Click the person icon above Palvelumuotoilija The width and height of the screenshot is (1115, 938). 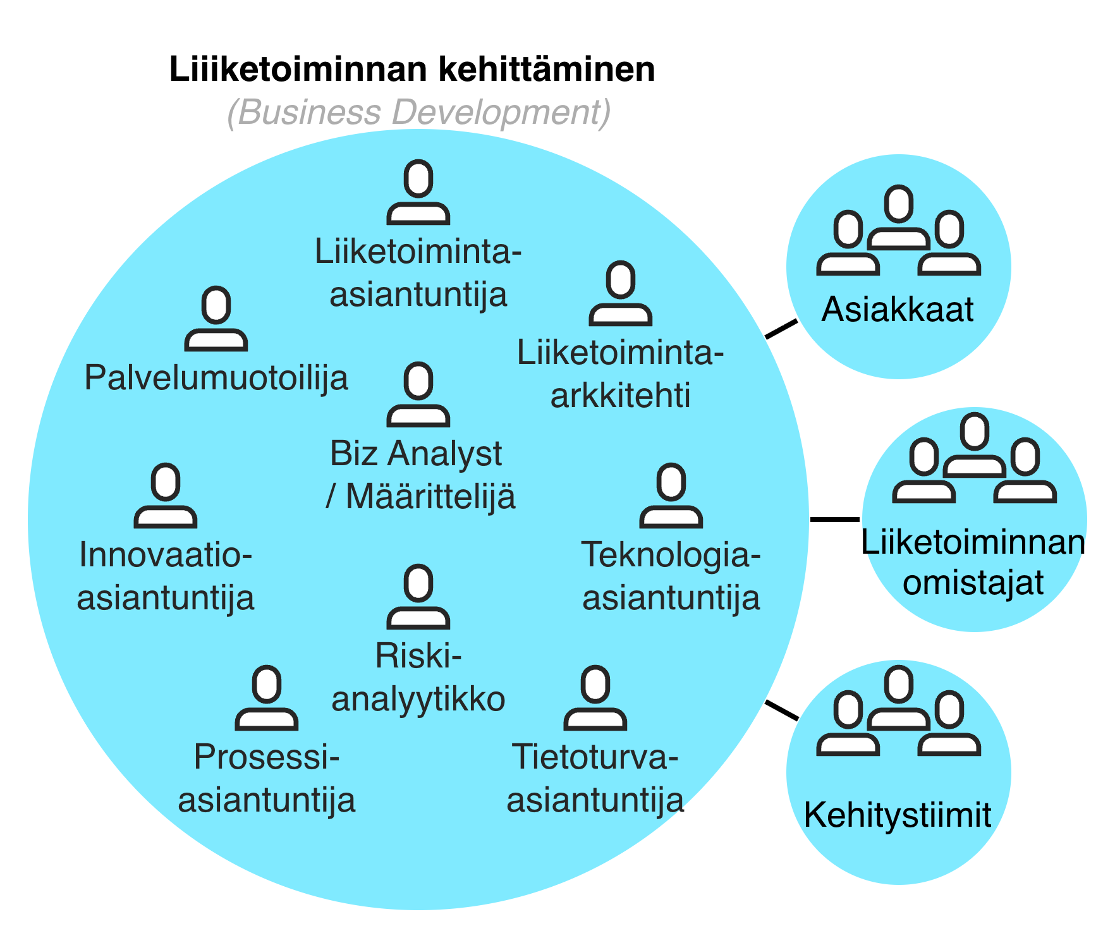[x=216, y=319]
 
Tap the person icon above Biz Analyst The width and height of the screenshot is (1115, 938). [x=418, y=394]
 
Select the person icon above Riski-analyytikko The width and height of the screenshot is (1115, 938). [x=418, y=597]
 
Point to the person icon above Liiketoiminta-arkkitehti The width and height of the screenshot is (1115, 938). [x=621, y=293]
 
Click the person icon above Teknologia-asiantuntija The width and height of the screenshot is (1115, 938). [x=671, y=496]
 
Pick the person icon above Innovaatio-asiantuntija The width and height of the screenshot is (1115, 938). [x=166, y=496]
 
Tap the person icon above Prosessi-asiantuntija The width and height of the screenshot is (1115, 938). [x=267, y=698]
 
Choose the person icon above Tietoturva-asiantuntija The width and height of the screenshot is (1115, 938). [x=595, y=698]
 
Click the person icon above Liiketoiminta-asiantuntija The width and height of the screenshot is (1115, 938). [x=418, y=192]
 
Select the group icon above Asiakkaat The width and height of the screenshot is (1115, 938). [x=898, y=231]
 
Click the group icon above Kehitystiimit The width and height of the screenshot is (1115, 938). [x=898, y=712]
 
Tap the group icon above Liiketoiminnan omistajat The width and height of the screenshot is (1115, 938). [x=974, y=459]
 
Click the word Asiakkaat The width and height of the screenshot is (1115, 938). [x=898, y=310]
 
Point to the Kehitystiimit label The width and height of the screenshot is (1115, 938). [x=898, y=815]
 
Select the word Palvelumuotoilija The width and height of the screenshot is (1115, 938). [x=216, y=378]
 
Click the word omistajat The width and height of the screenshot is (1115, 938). [x=973, y=583]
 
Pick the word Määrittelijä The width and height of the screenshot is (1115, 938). [x=431, y=497]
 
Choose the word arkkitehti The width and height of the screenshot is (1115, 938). [x=621, y=396]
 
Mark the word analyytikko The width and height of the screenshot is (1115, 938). [x=418, y=699]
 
